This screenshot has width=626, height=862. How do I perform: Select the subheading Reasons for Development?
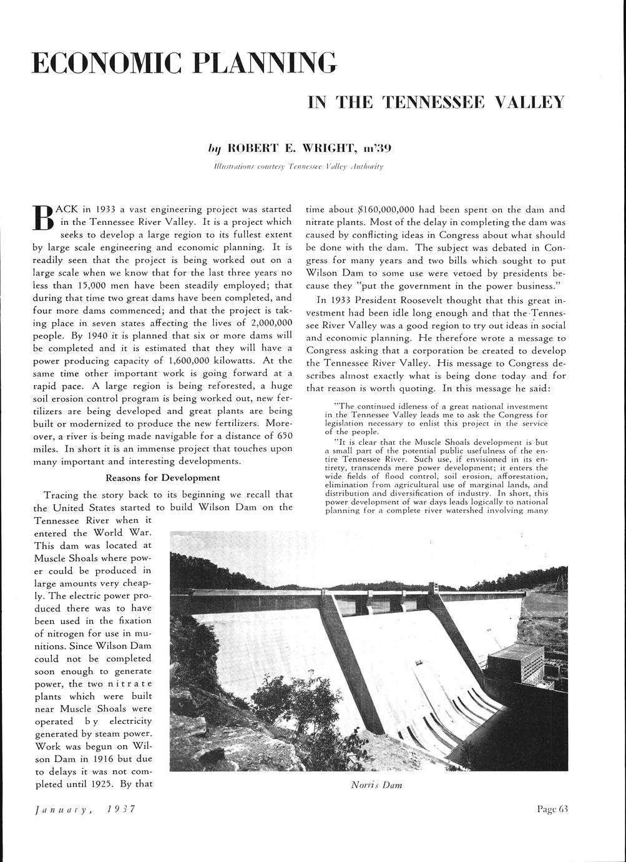coord(163,478)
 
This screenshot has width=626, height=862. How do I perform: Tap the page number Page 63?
coord(552,809)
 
